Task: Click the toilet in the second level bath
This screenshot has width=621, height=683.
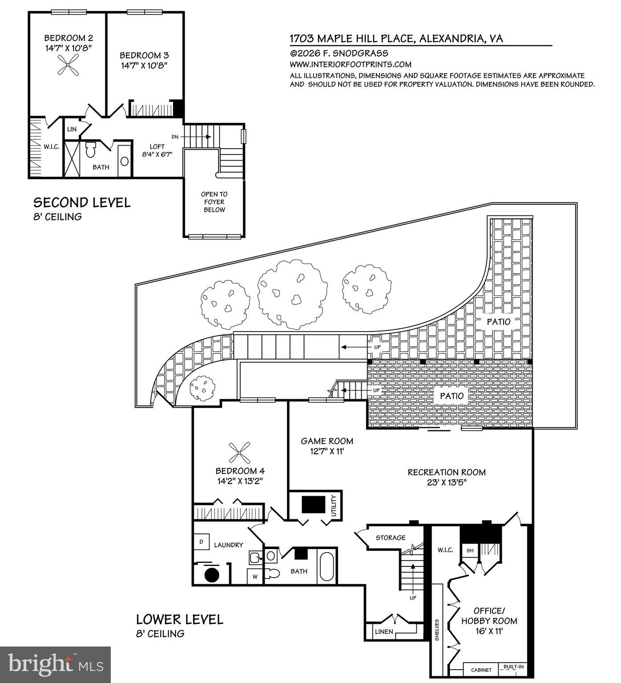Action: (x=91, y=150)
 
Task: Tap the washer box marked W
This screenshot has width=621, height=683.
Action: (x=255, y=576)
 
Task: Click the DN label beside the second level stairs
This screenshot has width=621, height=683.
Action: (x=175, y=137)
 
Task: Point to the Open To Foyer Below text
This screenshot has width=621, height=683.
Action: (x=214, y=202)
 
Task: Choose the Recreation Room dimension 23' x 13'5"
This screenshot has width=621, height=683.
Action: (x=446, y=482)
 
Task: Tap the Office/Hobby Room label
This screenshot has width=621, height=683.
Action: (x=489, y=616)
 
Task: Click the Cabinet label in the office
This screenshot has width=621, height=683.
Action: (x=481, y=670)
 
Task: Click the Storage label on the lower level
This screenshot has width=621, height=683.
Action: (x=391, y=538)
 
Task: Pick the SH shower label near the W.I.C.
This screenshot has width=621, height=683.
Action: (x=470, y=550)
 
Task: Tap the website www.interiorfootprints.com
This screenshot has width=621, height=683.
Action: (x=351, y=64)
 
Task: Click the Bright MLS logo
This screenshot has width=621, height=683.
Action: (x=55, y=665)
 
